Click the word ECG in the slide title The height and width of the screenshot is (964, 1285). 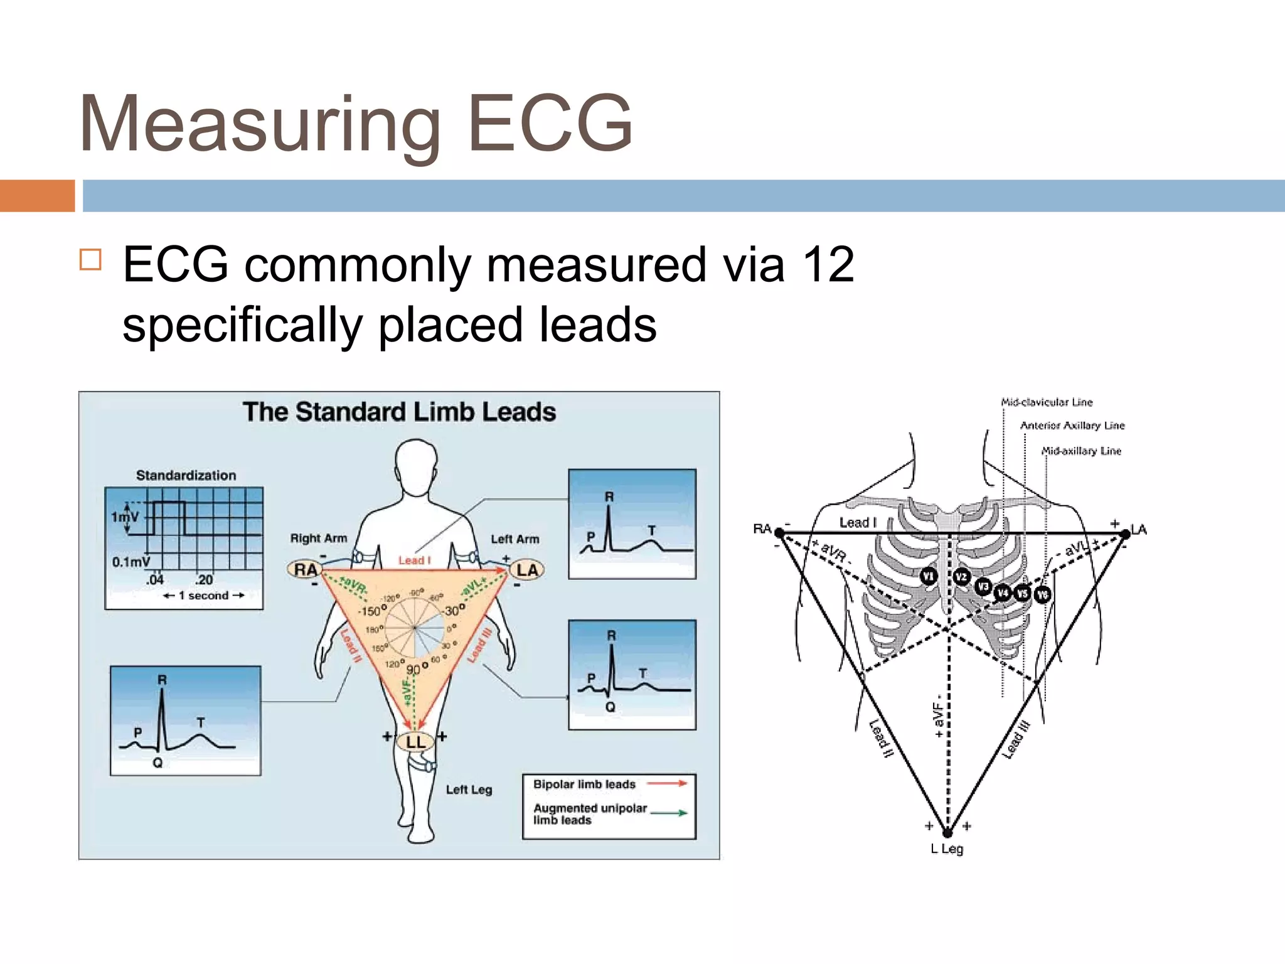click(x=550, y=123)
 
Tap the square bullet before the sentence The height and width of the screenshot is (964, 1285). click(x=90, y=259)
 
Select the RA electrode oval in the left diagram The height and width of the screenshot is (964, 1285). click(x=305, y=569)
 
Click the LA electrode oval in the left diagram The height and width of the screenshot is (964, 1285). click(x=527, y=569)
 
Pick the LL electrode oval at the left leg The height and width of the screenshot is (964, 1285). click(x=415, y=742)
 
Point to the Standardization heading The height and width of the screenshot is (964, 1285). click(x=186, y=475)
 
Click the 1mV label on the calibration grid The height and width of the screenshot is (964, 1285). click(x=124, y=517)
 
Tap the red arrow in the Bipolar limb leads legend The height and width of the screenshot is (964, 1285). click(x=667, y=783)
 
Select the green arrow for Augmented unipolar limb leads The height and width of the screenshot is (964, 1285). click(x=669, y=813)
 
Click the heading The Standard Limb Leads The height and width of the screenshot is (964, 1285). click(x=399, y=412)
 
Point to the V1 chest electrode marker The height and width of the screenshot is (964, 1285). click(x=929, y=576)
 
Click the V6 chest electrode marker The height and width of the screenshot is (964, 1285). click(x=1042, y=594)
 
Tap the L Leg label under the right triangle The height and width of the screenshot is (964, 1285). click(x=947, y=849)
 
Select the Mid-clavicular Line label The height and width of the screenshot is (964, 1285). click(x=1047, y=402)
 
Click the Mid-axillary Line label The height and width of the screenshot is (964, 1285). click(x=1080, y=451)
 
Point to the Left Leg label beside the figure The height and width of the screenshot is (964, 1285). click(x=469, y=790)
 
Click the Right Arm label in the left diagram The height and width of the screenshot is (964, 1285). click(x=318, y=538)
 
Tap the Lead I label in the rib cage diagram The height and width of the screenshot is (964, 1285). click(x=857, y=522)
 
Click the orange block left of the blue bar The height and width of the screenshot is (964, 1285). click(x=37, y=196)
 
